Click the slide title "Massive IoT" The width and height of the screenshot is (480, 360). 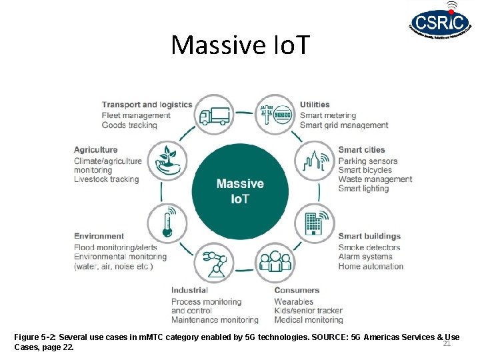[x=240, y=45]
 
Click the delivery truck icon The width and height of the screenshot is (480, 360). [x=214, y=115]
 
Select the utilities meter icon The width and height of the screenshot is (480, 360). [x=275, y=115]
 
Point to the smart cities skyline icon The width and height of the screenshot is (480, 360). [x=315, y=162]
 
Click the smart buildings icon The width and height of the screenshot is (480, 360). [x=315, y=222]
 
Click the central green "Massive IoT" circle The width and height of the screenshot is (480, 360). [x=240, y=190]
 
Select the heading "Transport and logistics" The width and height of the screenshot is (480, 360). [x=147, y=105]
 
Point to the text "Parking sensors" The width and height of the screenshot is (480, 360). [x=367, y=161]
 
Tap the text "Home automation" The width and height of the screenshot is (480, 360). [x=371, y=266]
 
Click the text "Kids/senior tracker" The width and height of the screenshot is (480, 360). [x=308, y=311]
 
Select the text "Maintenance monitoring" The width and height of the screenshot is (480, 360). [x=215, y=320]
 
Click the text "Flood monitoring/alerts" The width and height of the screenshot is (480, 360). [x=115, y=247]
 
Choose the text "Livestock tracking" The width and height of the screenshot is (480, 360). [x=107, y=179]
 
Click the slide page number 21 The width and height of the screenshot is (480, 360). [x=447, y=343]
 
